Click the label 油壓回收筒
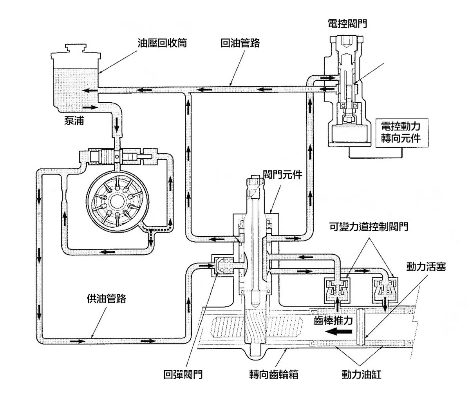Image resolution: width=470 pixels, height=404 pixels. (x=161, y=43)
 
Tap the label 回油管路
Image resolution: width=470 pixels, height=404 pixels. (x=240, y=43)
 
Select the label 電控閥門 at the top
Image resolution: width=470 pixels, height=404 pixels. (x=347, y=24)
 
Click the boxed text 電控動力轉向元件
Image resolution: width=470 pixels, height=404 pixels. (x=400, y=132)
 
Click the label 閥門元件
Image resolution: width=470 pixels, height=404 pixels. (x=282, y=174)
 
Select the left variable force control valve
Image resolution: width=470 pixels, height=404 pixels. (x=336, y=290)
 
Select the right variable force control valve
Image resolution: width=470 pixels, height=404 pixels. (x=385, y=290)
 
